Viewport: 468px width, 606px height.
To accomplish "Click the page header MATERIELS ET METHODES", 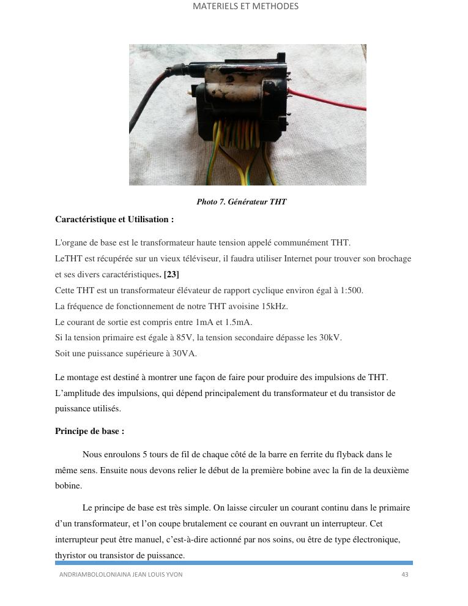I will point(245,7).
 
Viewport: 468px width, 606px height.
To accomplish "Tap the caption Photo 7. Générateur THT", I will point(241,202).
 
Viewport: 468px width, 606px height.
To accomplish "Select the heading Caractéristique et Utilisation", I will point(114,219).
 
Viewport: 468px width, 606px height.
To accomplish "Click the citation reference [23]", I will point(171,274).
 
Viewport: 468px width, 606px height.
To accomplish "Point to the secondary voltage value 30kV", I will point(330,337).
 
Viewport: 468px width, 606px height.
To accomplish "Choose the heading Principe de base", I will point(89,431).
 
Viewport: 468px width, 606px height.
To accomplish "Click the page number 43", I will point(405,575).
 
